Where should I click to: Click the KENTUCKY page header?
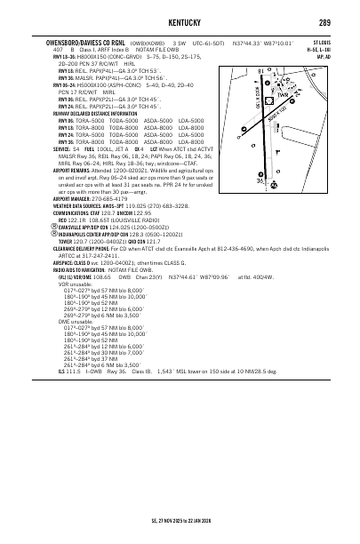click(x=180, y=21)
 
